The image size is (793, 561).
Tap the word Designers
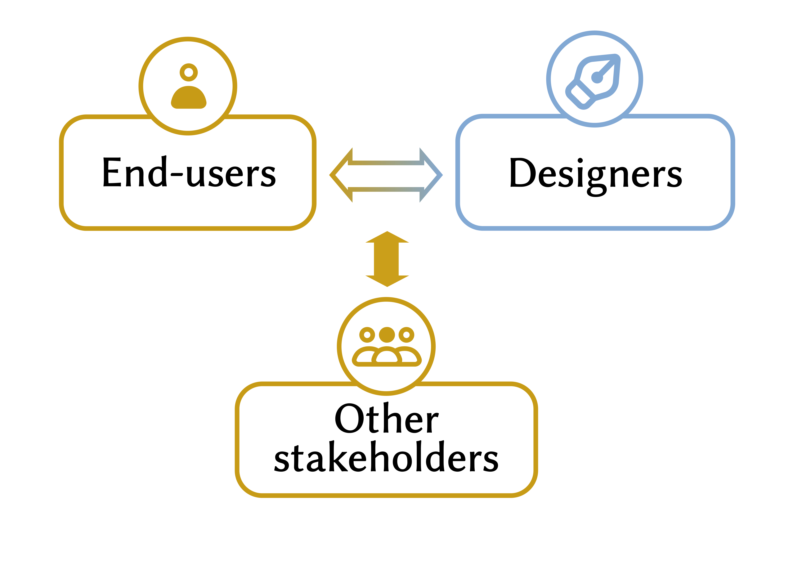pos(596,174)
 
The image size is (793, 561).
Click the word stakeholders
pos(386,457)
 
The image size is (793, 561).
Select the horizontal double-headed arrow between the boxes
pos(386,175)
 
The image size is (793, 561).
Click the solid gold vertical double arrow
pos(387,259)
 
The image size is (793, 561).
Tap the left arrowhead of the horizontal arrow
pos(340,175)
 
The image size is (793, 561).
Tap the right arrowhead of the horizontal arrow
pos(432,175)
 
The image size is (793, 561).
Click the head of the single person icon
pos(189,73)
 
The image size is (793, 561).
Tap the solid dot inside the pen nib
pos(597,77)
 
